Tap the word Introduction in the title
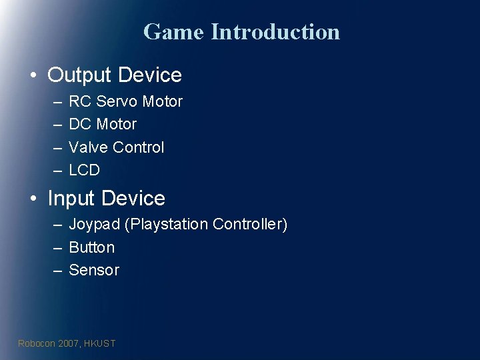275,31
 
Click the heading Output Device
114,75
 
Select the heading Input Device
106,198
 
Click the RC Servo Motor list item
125,101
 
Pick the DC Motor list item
103,124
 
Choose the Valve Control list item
116,147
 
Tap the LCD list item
84,170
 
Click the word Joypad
95,225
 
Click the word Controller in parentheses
249,225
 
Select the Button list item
92,247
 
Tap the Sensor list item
94,270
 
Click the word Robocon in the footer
37,343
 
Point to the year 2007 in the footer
69,343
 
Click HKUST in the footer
100,343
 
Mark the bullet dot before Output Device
33,75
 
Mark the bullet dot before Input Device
33,199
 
